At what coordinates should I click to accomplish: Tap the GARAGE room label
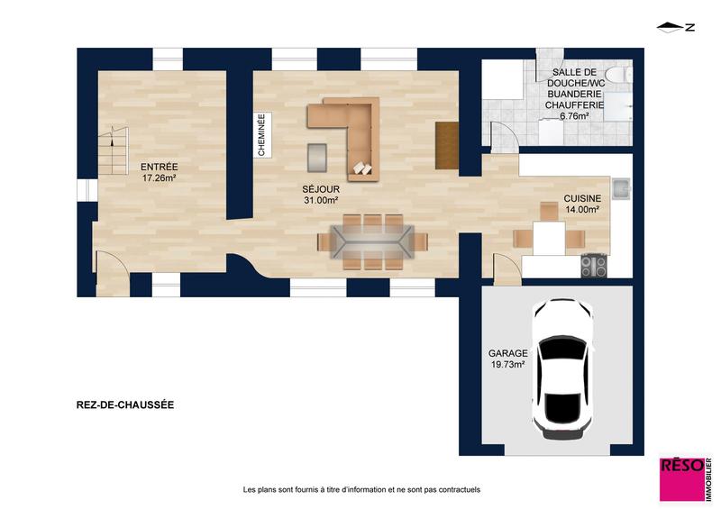(x=507, y=354)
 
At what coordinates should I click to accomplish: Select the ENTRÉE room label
(x=159, y=167)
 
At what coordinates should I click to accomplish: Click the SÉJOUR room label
(x=321, y=189)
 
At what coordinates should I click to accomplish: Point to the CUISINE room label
(x=582, y=198)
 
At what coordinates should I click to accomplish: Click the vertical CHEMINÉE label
(x=261, y=135)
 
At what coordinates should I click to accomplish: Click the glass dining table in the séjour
(x=371, y=241)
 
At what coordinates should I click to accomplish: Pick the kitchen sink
(x=621, y=189)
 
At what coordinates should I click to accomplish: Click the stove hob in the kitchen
(x=593, y=266)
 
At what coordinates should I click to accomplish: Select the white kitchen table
(x=549, y=239)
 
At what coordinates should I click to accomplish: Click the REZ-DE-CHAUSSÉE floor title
(x=125, y=405)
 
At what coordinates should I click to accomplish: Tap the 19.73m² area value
(x=507, y=366)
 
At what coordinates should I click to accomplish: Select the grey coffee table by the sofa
(x=317, y=156)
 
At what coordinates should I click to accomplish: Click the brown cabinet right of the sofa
(x=447, y=144)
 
